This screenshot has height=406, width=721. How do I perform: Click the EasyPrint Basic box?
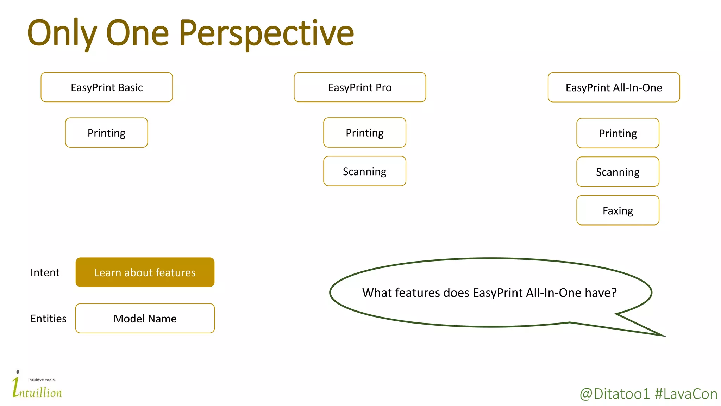(107, 87)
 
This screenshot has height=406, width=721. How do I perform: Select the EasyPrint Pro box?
(360, 87)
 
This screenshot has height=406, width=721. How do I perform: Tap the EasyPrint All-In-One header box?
(614, 87)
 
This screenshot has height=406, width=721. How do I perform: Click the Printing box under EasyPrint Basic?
(106, 133)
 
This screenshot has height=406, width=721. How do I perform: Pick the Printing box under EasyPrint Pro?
(364, 133)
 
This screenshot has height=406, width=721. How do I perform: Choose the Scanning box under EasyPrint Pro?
(364, 171)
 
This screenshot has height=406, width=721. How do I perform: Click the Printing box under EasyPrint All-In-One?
(617, 133)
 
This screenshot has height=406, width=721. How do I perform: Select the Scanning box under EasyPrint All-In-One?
(617, 172)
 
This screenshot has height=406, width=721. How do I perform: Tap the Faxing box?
(617, 210)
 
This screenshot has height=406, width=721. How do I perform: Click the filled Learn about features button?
(145, 272)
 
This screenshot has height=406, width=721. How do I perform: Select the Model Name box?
(145, 318)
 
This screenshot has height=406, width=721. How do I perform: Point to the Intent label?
(45, 272)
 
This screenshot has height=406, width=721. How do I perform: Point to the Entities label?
(48, 319)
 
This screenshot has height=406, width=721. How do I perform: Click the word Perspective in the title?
(266, 33)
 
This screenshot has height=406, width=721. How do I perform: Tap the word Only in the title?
(62, 33)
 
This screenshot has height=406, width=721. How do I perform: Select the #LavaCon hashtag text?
(686, 394)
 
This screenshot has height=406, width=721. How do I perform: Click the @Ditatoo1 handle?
(614, 394)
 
